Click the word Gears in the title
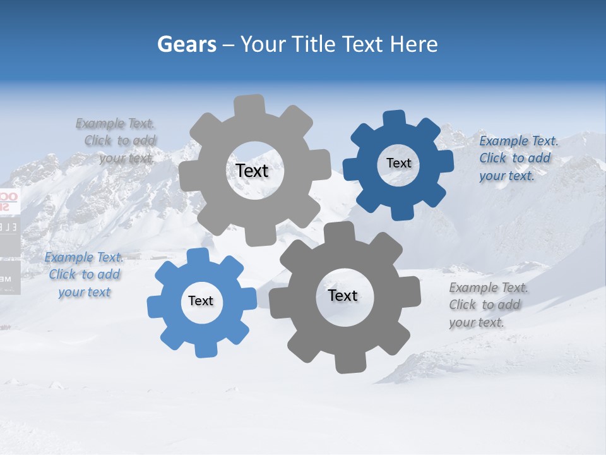pos(187,44)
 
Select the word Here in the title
pos(414,44)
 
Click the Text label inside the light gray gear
pos(252,171)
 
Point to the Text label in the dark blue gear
pos(398,163)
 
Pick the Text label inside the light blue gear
pos(200,301)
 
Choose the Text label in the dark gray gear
pos(343,295)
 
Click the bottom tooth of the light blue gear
pos(203,349)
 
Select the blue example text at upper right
pos(518,158)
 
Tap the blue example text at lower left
pos(85,274)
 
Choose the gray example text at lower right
pos(488,305)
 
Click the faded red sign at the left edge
pos(4,201)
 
